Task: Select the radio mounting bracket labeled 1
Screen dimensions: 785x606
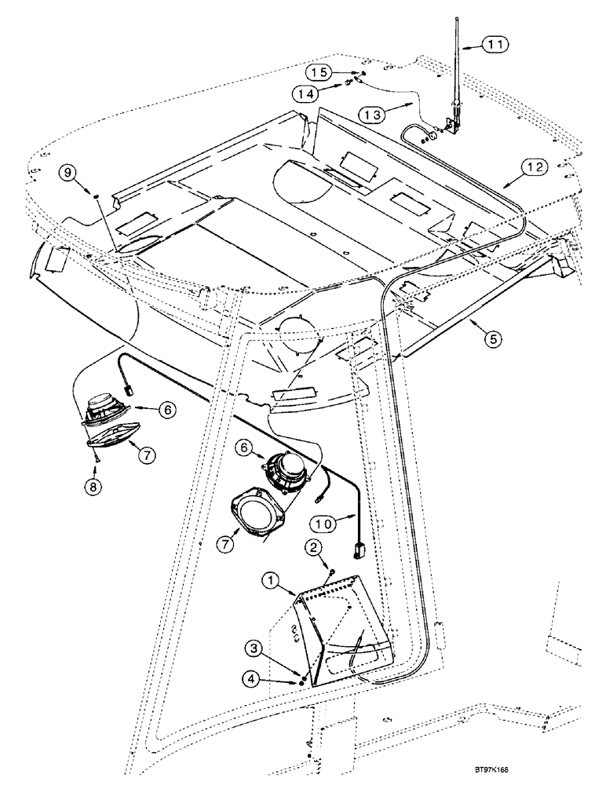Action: point(345,628)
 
